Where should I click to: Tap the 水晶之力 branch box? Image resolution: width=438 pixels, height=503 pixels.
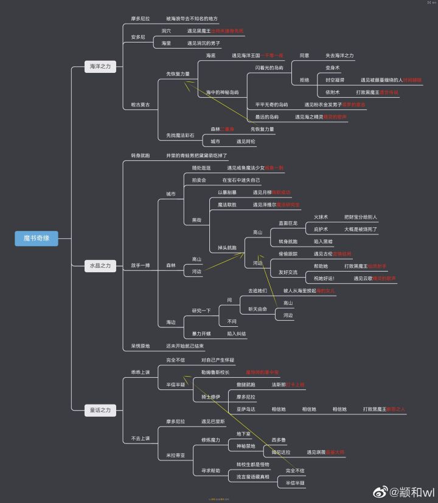click(100, 265)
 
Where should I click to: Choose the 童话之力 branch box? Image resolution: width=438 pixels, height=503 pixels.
click(100, 410)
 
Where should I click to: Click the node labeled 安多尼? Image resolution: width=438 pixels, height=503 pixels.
click(138, 37)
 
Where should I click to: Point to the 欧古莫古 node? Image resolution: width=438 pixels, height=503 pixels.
click(141, 104)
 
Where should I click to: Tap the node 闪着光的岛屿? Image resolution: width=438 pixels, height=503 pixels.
click(269, 68)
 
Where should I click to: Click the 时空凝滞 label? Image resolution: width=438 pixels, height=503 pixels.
click(335, 80)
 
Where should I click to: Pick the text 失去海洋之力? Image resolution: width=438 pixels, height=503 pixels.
click(339, 55)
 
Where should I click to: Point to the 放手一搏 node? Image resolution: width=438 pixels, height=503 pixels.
click(141, 265)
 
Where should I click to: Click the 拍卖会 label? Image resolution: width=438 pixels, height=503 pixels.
click(200, 180)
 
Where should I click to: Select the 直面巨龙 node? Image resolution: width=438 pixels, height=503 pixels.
click(288, 223)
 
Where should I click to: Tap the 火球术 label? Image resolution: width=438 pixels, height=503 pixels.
click(321, 217)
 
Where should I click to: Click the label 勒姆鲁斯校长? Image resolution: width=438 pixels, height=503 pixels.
click(215, 372)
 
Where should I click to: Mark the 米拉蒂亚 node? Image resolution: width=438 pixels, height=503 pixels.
click(176, 455)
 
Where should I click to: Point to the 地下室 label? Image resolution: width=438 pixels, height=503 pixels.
click(243, 434)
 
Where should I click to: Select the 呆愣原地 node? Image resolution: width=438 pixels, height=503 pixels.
click(141, 346)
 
